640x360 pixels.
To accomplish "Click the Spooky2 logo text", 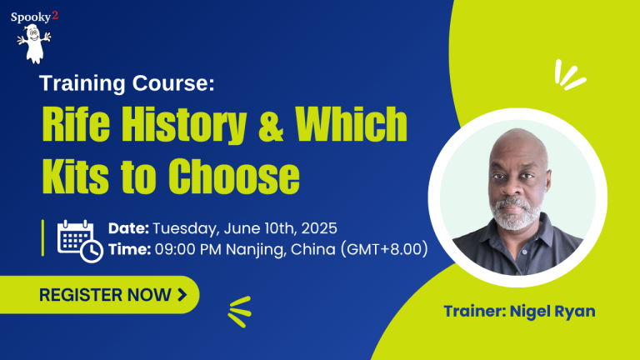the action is pyautogui.click(x=35, y=17).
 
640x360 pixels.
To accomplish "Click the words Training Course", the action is pyautogui.click(x=127, y=83).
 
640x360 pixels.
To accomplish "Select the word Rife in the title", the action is pyautogui.click(x=77, y=124).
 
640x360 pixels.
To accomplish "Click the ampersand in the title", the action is pyautogui.click(x=271, y=124).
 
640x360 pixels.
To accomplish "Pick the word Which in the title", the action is pyautogui.click(x=351, y=123).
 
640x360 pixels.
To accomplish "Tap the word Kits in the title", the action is pyautogui.click(x=76, y=176).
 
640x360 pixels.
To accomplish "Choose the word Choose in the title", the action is pyautogui.click(x=234, y=176).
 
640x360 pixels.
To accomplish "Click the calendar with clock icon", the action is pyautogui.click(x=80, y=241).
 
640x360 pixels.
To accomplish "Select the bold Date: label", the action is pyautogui.click(x=128, y=228).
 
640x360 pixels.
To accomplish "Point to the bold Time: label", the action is pyautogui.click(x=130, y=249).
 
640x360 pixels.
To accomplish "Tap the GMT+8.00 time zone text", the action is pyautogui.click(x=384, y=249).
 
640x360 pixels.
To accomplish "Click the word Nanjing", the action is pyautogui.click(x=255, y=250).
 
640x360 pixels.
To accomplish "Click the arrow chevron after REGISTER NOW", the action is pyautogui.click(x=182, y=295).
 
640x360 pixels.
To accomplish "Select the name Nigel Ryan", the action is pyautogui.click(x=552, y=312).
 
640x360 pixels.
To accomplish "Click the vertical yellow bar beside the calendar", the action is pyautogui.click(x=42, y=238).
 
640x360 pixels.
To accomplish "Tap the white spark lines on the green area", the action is pyautogui.click(x=568, y=75).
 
